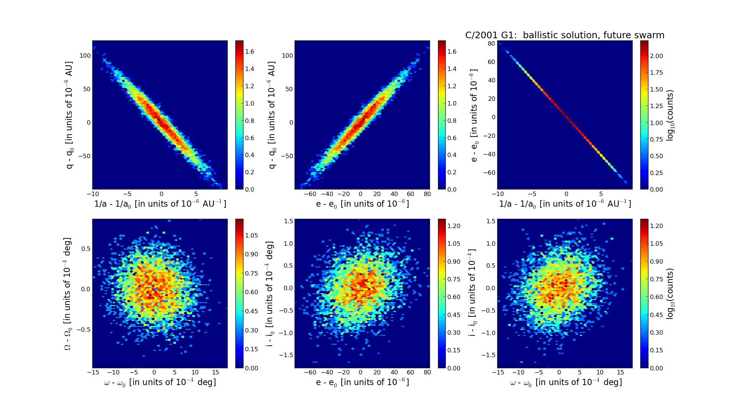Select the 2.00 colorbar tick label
point(657,56)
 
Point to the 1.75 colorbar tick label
point(657,72)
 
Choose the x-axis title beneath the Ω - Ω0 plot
point(160,383)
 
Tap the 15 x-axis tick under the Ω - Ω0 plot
point(216,372)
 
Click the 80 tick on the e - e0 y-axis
point(491,43)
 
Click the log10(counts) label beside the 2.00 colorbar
point(670,115)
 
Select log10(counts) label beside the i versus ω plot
point(670,294)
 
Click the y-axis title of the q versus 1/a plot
point(69,115)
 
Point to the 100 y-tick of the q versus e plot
point(288,56)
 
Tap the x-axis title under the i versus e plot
point(362,383)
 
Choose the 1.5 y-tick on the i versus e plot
point(289,221)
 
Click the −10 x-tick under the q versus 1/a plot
point(92,194)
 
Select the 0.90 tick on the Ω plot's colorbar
point(252,254)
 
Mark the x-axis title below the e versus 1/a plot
point(565,204)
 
